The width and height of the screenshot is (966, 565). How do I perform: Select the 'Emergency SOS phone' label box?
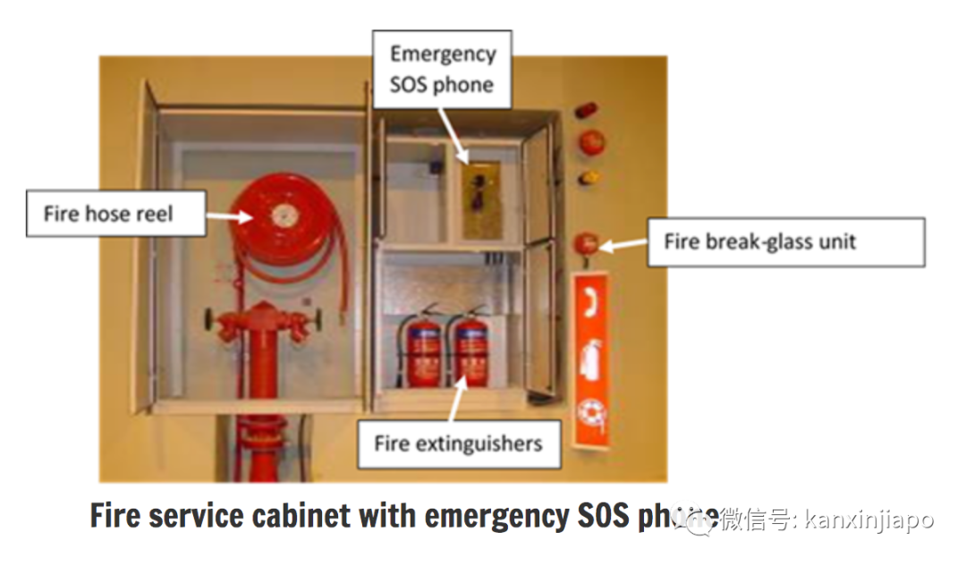pyautogui.click(x=442, y=69)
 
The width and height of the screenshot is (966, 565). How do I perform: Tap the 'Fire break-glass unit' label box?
pyautogui.click(x=785, y=241)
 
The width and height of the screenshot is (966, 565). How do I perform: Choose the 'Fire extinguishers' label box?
pyautogui.click(x=458, y=443)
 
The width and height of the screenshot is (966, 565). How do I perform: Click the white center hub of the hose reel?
pyautogui.click(x=284, y=215)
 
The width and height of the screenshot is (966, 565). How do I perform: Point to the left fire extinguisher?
pyautogui.click(x=423, y=350)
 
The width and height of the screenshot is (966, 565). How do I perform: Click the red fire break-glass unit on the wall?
pyautogui.click(x=585, y=243)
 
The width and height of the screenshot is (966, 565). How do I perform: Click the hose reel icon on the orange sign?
pyautogui.click(x=590, y=414)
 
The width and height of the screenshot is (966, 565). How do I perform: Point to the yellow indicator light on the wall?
pyautogui.click(x=588, y=177)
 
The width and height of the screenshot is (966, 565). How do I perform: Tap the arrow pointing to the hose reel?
pyautogui.click(x=230, y=215)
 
